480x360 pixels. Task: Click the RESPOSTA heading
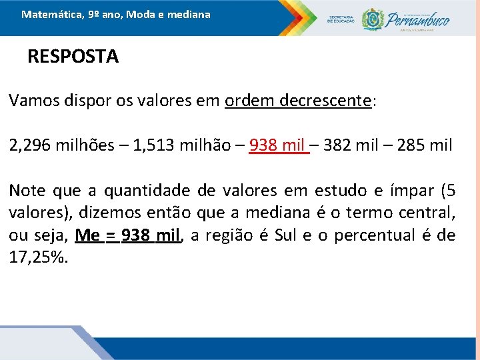point(73,57)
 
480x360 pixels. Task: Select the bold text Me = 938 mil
point(128,235)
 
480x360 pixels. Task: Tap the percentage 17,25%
point(39,257)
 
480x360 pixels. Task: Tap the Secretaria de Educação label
point(341,19)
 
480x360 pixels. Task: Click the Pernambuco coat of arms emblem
point(373,19)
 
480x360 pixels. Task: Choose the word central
point(429,213)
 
